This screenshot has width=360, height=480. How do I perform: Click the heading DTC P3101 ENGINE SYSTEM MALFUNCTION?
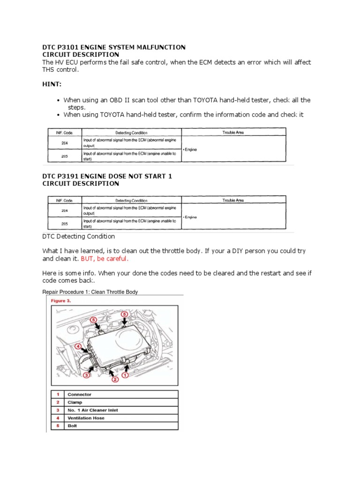pos(114,47)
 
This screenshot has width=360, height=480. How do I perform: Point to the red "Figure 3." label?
pos(61,300)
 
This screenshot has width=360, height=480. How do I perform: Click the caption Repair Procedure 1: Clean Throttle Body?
pos(90,292)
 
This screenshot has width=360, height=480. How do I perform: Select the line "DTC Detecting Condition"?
pos(78,236)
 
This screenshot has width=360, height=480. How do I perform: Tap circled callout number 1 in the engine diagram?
pos(125,375)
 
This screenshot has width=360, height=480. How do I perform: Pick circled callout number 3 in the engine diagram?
pos(87,375)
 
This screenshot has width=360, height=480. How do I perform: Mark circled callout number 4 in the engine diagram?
pos(78,348)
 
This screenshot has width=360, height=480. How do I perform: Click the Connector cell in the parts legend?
pos(80,394)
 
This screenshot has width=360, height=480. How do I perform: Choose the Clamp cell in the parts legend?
pos(75,402)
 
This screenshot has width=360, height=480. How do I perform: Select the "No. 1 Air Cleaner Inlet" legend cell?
pos(93,410)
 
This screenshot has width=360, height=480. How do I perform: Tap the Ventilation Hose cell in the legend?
pos(86,418)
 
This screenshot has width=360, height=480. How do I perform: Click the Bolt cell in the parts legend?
pos(72,426)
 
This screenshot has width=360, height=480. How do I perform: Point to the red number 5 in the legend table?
pos(57,426)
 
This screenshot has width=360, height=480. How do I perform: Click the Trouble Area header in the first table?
pos(233,132)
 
